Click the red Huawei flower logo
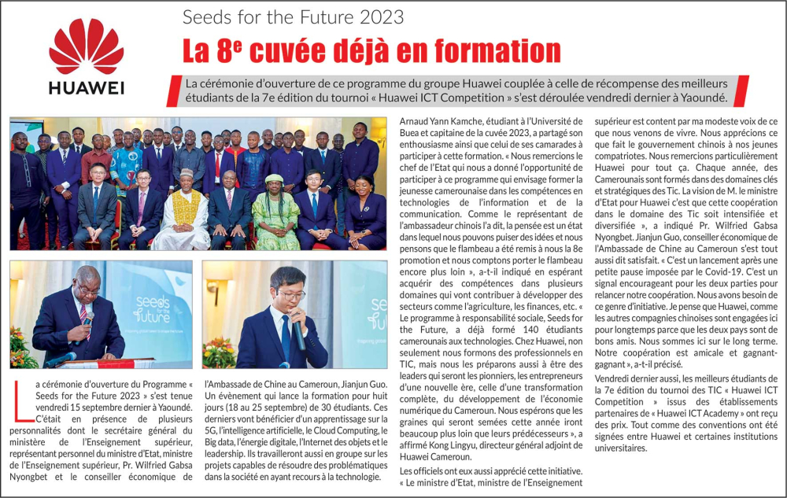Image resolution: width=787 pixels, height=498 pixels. click(x=86, y=46)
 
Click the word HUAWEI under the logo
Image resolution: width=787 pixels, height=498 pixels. click(x=86, y=87)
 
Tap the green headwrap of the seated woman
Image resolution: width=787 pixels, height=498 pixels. click(x=275, y=179)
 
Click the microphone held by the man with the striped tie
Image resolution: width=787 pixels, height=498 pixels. click(x=88, y=319)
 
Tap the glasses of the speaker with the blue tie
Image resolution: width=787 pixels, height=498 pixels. click(x=290, y=295)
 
